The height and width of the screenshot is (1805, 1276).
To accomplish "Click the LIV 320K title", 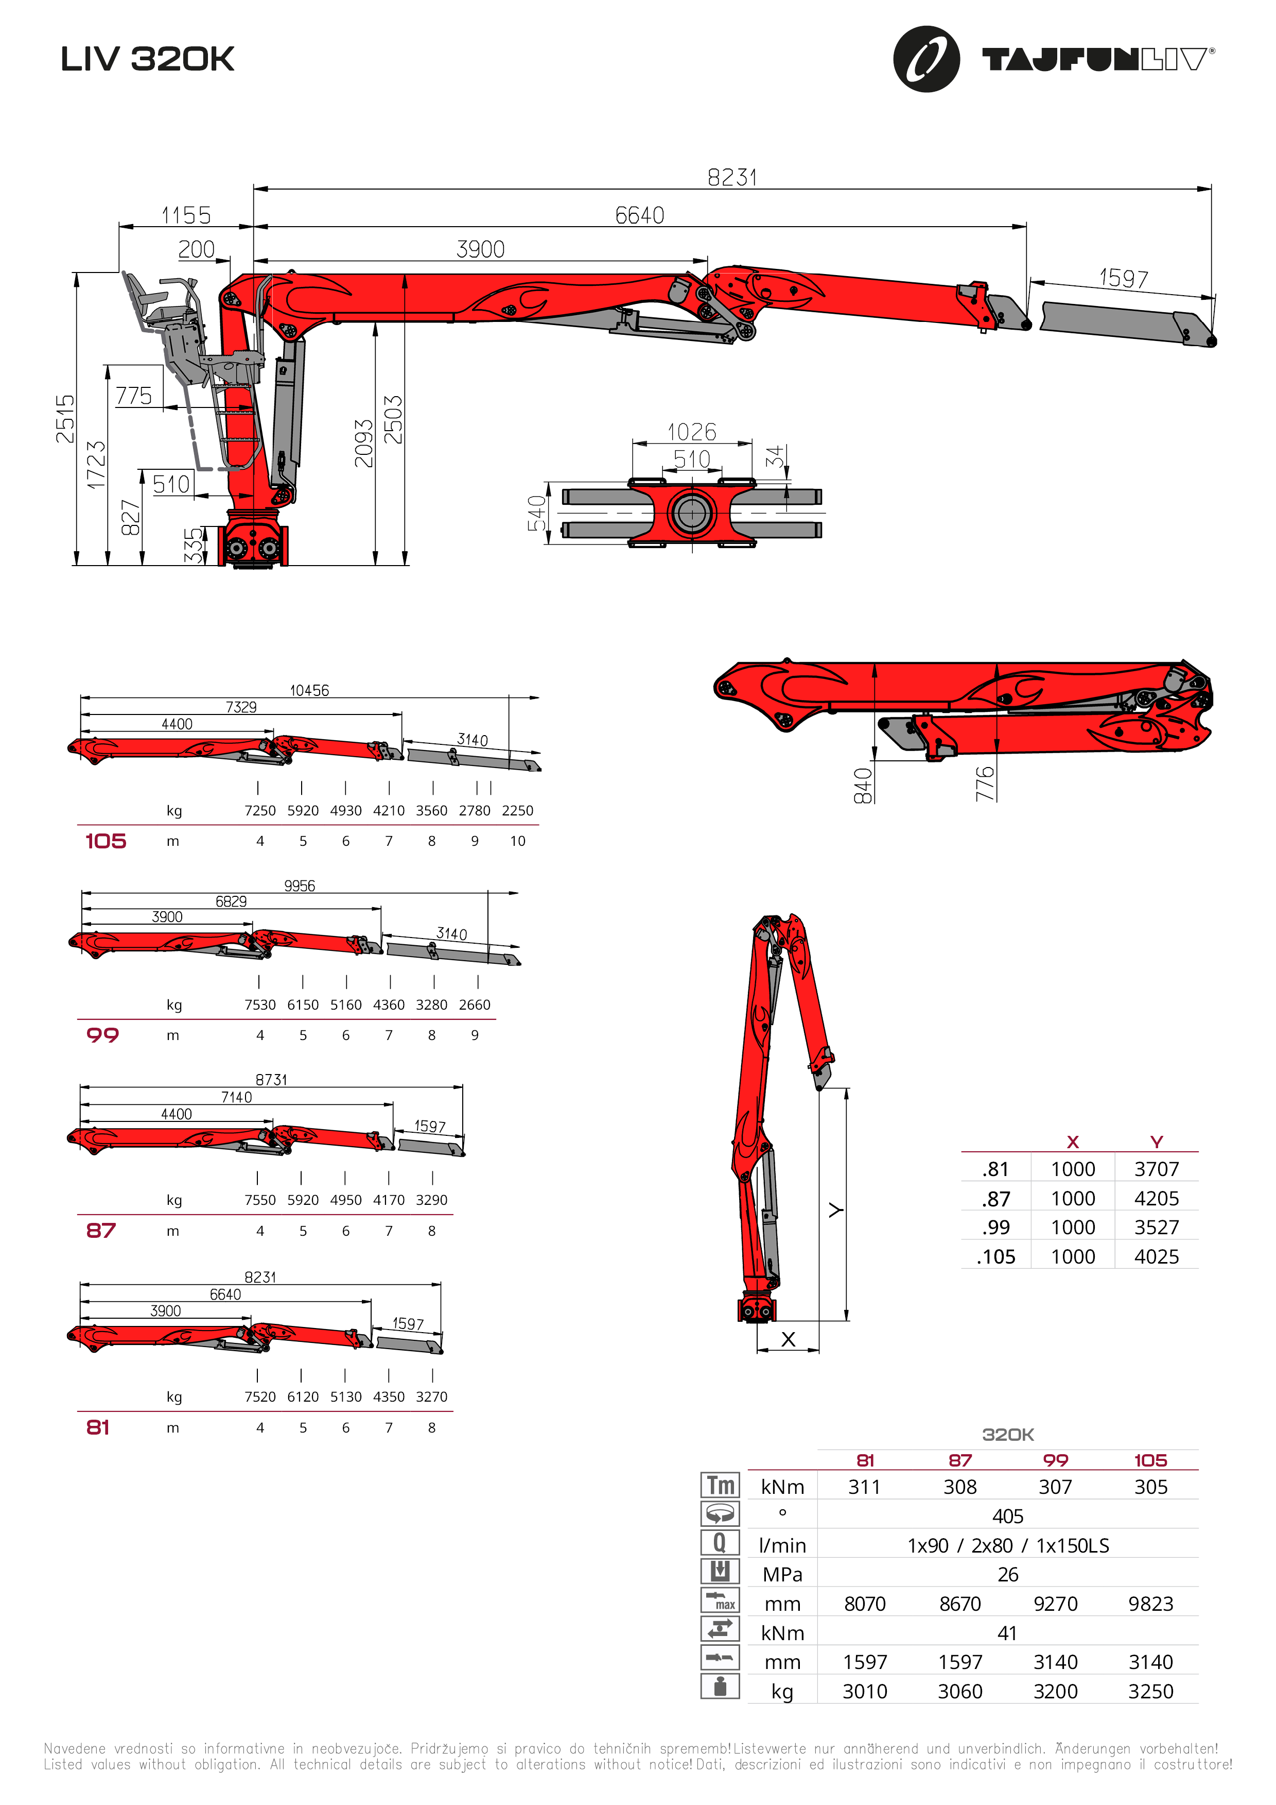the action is (x=148, y=59).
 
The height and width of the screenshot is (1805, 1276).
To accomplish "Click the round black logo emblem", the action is (x=927, y=59).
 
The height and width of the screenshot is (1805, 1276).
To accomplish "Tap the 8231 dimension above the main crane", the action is (x=732, y=178).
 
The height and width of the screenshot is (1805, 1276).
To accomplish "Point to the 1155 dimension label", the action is (x=186, y=215).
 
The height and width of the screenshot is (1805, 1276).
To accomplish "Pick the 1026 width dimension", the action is (x=691, y=432).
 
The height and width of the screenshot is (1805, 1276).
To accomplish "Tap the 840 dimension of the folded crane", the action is (x=863, y=786).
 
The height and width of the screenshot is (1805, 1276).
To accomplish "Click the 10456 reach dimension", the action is (x=309, y=690).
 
